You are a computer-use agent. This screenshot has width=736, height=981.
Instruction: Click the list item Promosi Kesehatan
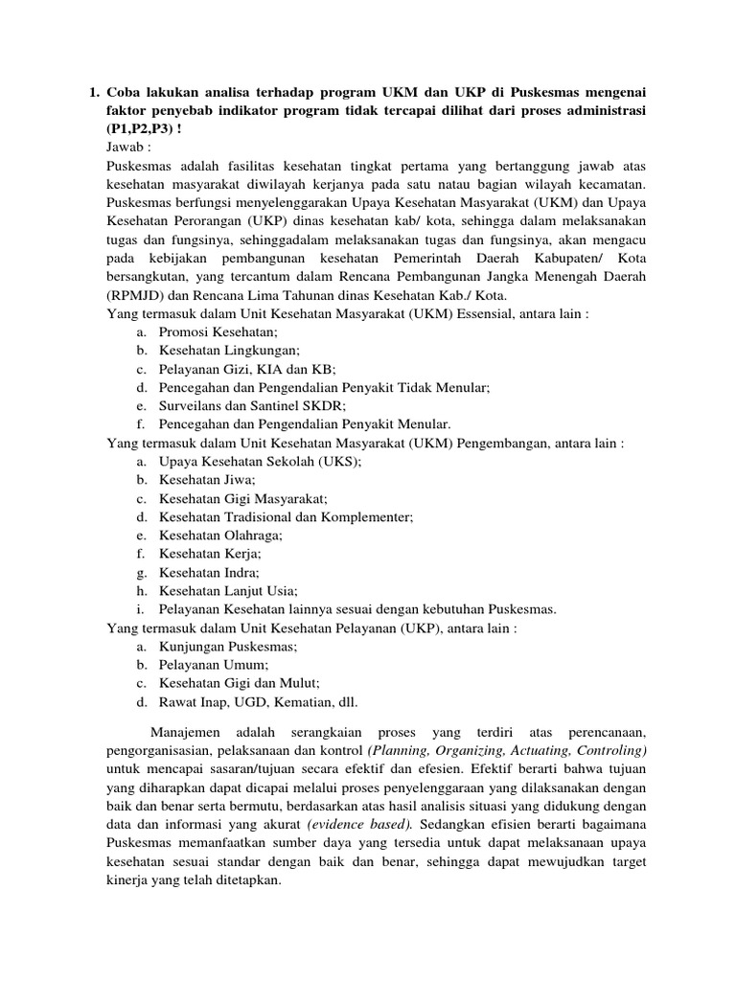coord(218,332)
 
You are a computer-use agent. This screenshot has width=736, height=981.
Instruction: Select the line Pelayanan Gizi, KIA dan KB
coord(248,369)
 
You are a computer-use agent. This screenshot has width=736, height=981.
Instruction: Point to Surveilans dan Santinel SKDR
coord(253,405)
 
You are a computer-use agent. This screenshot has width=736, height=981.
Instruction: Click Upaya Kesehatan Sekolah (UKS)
coord(260,461)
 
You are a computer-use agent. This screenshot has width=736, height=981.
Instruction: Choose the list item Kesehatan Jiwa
coord(207,479)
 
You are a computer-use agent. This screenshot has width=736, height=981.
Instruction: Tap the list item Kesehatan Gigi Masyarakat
coord(243,498)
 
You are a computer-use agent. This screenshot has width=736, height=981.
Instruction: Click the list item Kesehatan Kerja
coord(210,553)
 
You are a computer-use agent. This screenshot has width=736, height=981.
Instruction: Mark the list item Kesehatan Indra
coord(211,572)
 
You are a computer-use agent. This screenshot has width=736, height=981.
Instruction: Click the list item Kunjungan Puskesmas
coord(228,646)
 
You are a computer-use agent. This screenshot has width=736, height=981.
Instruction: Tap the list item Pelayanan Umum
coord(214,664)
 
